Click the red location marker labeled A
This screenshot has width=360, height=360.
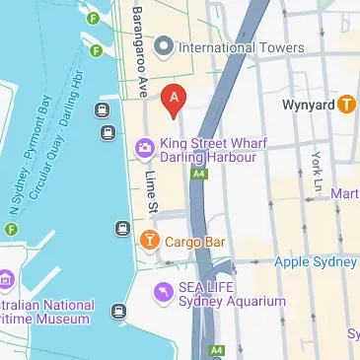(x=175, y=98)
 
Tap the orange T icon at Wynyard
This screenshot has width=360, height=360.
(x=346, y=103)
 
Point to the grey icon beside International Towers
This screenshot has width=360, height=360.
(x=164, y=46)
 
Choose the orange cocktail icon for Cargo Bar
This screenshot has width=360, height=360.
(x=148, y=239)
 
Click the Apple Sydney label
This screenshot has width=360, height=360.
(x=315, y=262)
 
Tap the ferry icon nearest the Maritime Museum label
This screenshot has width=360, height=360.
(x=119, y=312)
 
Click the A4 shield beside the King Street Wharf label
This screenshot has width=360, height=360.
(x=200, y=174)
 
